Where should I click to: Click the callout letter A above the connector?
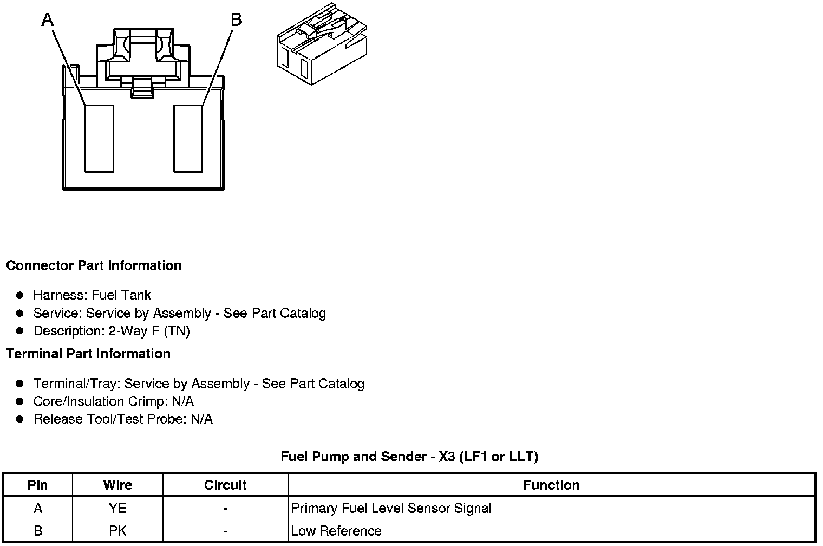[x=48, y=20]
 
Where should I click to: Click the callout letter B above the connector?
[x=236, y=20]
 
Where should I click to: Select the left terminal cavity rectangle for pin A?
[x=99, y=139]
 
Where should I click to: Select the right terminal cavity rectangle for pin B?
[x=188, y=139]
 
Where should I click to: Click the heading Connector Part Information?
[x=94, y=265]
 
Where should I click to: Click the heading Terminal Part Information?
[x=88, y=354]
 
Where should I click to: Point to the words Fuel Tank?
[x=121, y=295]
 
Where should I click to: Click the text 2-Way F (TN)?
[x=149, y=330]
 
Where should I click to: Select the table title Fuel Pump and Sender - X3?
[x=409, y=457]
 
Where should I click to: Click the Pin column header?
[x=37, y=485]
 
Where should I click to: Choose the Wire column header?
[x=117, y=485]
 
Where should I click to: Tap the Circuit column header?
[x=225, y=485]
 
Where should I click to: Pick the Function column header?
[x=551, y=485]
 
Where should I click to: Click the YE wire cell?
[x=117, y=508]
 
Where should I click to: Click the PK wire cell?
[x=117, y=531]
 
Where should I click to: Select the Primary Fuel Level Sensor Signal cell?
[x=391, y=508]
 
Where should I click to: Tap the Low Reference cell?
[x=336, y=531]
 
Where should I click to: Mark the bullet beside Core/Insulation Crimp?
[x=20, y=401]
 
